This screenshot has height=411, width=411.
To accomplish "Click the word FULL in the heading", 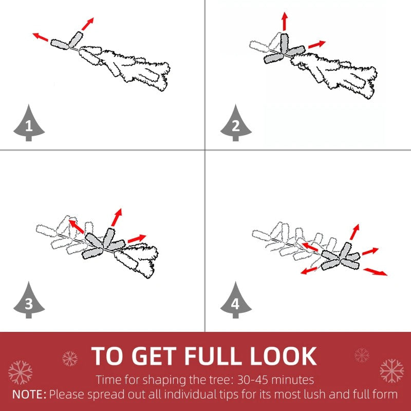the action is (213, 356).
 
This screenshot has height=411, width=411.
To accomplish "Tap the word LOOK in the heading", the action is (283, 356).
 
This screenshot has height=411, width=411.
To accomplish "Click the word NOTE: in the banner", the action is (29, 395).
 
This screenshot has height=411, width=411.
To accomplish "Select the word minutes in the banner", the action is (292, 380).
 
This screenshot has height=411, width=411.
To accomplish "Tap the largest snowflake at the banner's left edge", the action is (20, 372).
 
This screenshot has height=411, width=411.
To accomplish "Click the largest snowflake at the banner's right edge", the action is (391, 371).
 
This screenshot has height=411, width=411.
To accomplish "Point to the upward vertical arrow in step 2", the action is (285, 21).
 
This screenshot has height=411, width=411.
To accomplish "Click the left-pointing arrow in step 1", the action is (40, 37).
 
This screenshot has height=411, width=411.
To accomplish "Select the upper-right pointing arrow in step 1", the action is (87, 24).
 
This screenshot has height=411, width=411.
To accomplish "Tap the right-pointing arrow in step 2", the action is (317, 44).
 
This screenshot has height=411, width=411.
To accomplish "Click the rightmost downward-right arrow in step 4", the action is (375, 272).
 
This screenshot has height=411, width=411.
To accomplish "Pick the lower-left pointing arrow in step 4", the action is (309, 271).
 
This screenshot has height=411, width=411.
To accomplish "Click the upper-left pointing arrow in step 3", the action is (76, 227).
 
